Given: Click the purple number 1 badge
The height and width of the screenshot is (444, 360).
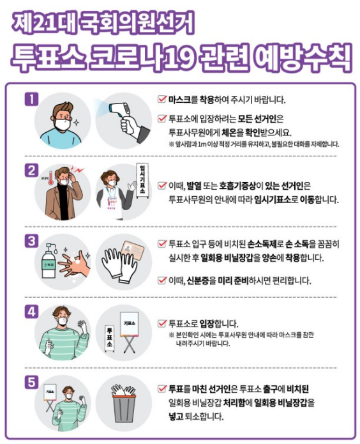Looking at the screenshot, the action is pyautogui.click(x=31, y=99).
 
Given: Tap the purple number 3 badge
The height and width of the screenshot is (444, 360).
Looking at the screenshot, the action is pyautogui.click(x=31, y=241).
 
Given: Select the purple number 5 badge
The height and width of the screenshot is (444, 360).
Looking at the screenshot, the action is pyautogui.click(x=31, y=382).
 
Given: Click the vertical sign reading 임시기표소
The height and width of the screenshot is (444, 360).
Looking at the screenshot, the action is pyautogui.click(x=142, y=180).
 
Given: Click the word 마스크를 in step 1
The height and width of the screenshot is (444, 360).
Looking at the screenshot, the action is pyautogui.click(x=183, y=100).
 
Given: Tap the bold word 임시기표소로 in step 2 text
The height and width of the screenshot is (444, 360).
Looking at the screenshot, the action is pyautogui.click(x=276, y=200).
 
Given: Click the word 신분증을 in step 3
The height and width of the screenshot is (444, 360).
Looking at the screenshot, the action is pyautogui.click(x=201, y=280).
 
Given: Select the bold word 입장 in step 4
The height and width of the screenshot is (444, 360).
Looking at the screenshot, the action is pyautogui.click(x=207, y=323).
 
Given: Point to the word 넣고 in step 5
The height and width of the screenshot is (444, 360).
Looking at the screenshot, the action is pyautogui.click(x=176, y=417).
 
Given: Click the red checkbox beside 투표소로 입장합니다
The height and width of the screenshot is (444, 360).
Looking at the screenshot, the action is pyautogui.click(x=162, y=323).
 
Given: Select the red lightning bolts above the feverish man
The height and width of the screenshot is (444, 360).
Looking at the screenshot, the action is pyautogui.click(x=78, y=170).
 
